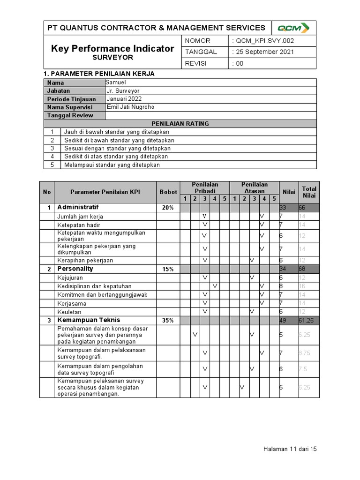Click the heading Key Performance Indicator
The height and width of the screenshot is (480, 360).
pos(112,48)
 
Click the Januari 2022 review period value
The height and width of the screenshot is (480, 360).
pos(124,99)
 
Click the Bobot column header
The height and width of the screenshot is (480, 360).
pos(168,192)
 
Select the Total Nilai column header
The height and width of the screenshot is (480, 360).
pos(309,192)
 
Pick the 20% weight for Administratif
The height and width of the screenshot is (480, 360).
pos(168,208)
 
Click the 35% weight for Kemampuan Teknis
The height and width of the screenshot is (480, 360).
pos(168,321)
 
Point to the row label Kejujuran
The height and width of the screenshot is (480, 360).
pos(70,278)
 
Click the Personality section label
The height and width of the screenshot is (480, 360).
pos(75,269)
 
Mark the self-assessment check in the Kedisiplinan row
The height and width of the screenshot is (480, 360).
pos(215,286)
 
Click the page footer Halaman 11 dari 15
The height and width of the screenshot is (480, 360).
pos(290,449)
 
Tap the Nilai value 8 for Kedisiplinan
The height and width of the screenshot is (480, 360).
pos(281,286)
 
